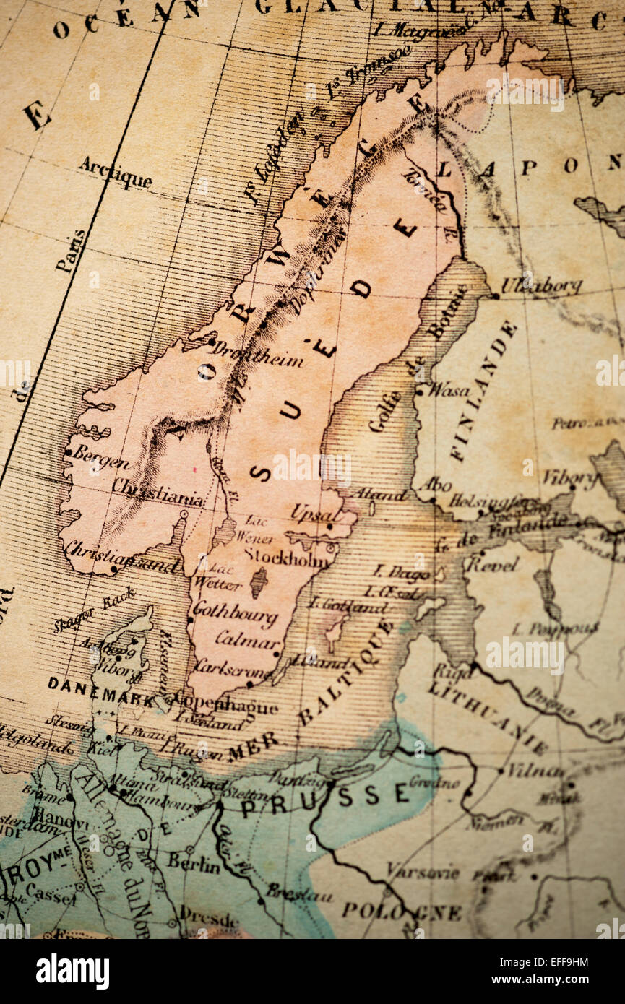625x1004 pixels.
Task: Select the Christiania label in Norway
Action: (158, 491)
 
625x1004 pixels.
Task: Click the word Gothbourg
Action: (235, 613)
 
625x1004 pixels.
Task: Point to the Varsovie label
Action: (422, 871)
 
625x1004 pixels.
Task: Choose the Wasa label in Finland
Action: (449, 391)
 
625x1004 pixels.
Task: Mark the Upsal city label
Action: (314, 514)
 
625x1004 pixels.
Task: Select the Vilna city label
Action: (534, 770)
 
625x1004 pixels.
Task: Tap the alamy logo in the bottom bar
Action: (72, 971)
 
